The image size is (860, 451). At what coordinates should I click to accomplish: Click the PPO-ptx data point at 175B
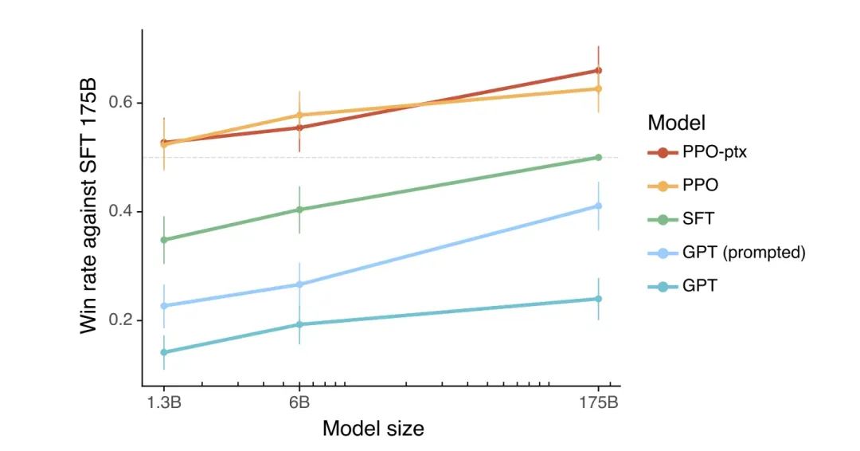tap(599, 71)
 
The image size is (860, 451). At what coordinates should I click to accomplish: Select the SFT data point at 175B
tap(599, 158)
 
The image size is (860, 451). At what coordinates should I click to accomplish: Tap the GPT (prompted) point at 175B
tap(599, 206)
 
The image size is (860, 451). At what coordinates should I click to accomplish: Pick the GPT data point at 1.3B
tap(164, 352)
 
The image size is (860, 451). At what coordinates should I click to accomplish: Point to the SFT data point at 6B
tap(299, 210)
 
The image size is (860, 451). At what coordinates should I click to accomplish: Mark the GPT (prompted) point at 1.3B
tap(164, 306)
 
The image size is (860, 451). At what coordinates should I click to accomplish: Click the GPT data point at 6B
tap(299, 324)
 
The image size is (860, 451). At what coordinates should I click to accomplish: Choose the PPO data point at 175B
tap(599, 88)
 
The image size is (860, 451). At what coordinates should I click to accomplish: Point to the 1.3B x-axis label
tap(164, 402)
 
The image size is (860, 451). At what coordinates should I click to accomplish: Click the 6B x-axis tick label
tap(299, 402)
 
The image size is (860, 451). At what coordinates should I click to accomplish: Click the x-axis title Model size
tap(373, 428)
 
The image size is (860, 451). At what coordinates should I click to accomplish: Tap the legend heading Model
tap(677, 124)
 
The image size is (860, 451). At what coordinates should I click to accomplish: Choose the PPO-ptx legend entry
tap(713, 152)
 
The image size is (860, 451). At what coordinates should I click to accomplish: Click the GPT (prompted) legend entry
tap(744, 253)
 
